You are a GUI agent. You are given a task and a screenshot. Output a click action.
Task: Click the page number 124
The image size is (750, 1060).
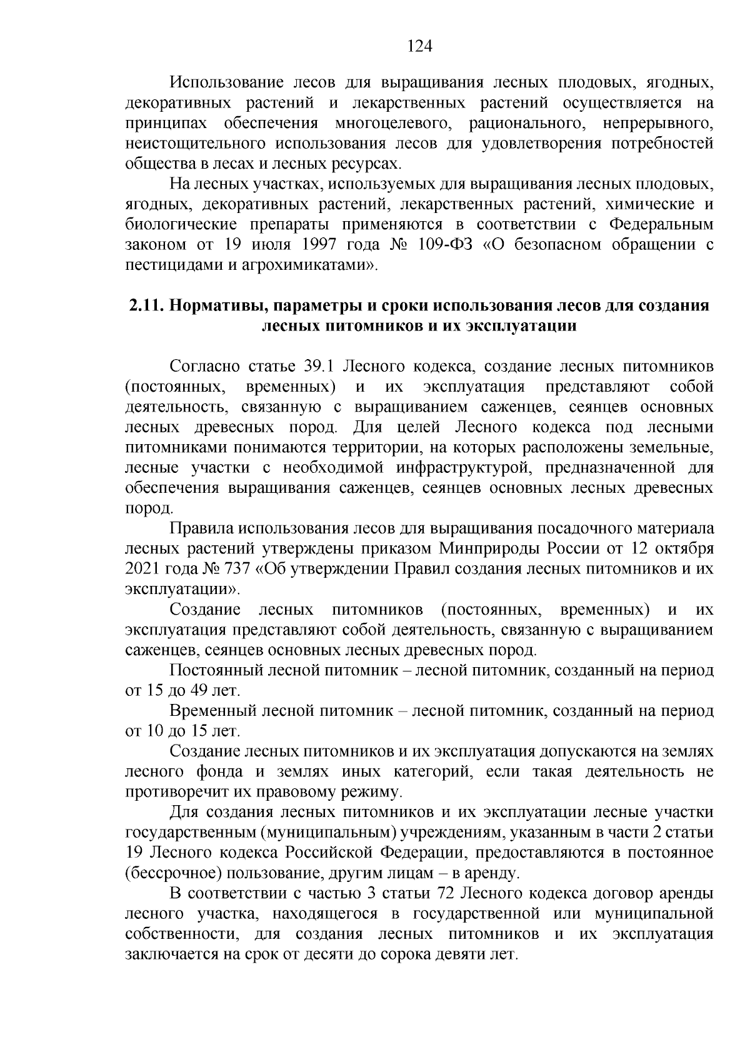[420, 46]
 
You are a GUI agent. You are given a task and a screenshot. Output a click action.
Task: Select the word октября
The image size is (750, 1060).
[686, 549]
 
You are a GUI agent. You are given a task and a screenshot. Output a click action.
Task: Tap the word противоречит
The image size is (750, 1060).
[170, 793]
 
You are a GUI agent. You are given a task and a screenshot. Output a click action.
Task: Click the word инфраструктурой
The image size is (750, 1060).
[464, 468]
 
